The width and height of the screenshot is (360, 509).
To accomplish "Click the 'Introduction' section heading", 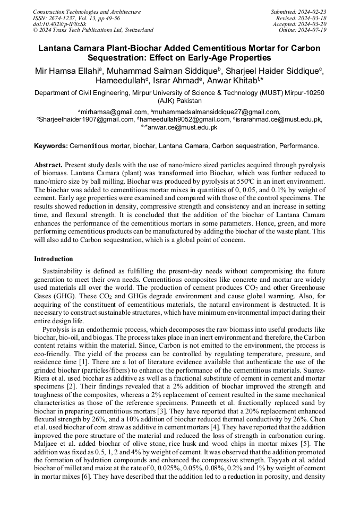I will tap(54, 259).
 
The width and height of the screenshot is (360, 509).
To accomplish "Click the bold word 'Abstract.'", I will tap(49, 166).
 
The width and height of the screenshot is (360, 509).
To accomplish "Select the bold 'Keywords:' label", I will tap(51, 145).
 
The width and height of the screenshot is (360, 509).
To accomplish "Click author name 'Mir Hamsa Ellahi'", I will tap(73, 71).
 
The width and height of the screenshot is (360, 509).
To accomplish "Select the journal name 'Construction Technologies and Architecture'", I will tap(87, 12).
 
